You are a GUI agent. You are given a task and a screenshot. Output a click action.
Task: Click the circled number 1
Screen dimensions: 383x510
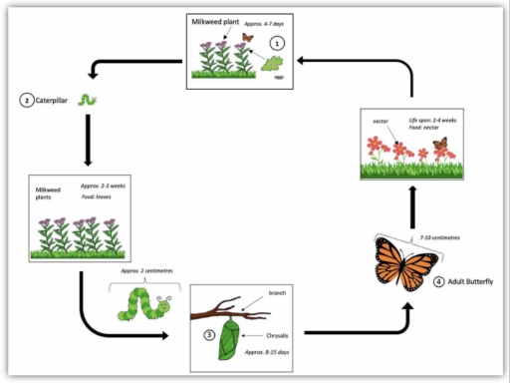click(x=278, y=43)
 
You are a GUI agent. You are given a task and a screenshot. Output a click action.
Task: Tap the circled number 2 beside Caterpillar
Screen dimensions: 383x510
click(x=23, y=100)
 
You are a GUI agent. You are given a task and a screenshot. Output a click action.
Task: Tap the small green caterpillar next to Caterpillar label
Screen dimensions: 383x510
click(x=90, y=100)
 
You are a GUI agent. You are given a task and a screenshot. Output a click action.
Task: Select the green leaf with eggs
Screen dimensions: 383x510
click(x=272, y=64)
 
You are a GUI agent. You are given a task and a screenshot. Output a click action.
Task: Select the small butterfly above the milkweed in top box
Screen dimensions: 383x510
click(x=247, y=39)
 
